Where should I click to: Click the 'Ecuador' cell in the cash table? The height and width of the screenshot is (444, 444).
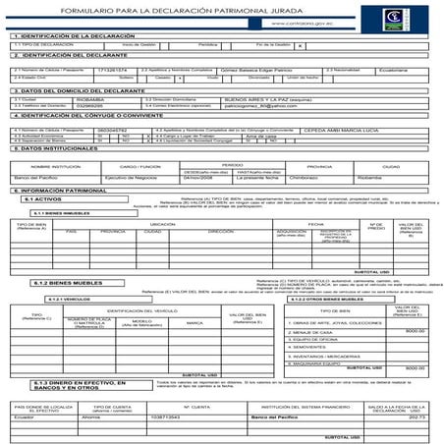coord(29,416)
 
